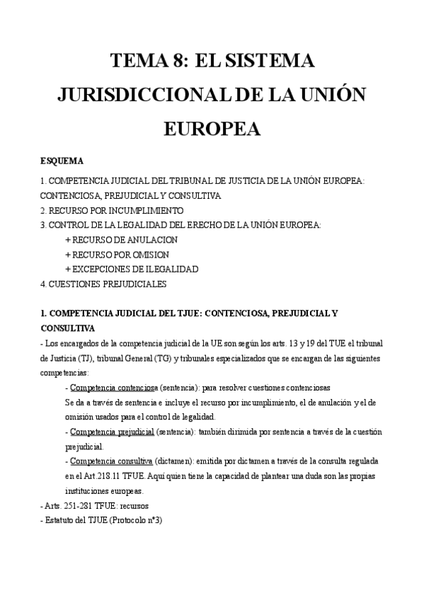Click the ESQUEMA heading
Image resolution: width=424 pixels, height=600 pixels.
pyautogui.click(x=62, y=161)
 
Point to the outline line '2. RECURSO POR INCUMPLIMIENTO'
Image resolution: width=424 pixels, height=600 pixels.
pyautogui.click(x=112, y=210)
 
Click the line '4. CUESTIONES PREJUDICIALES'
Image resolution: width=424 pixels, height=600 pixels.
pyautogui.click(x=103, y=284)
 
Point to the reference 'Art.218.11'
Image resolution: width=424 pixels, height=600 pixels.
pyautogui.click(x=99, y=476)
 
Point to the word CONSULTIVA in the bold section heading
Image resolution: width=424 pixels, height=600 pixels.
pyautogui.click(x=67, y=328)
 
